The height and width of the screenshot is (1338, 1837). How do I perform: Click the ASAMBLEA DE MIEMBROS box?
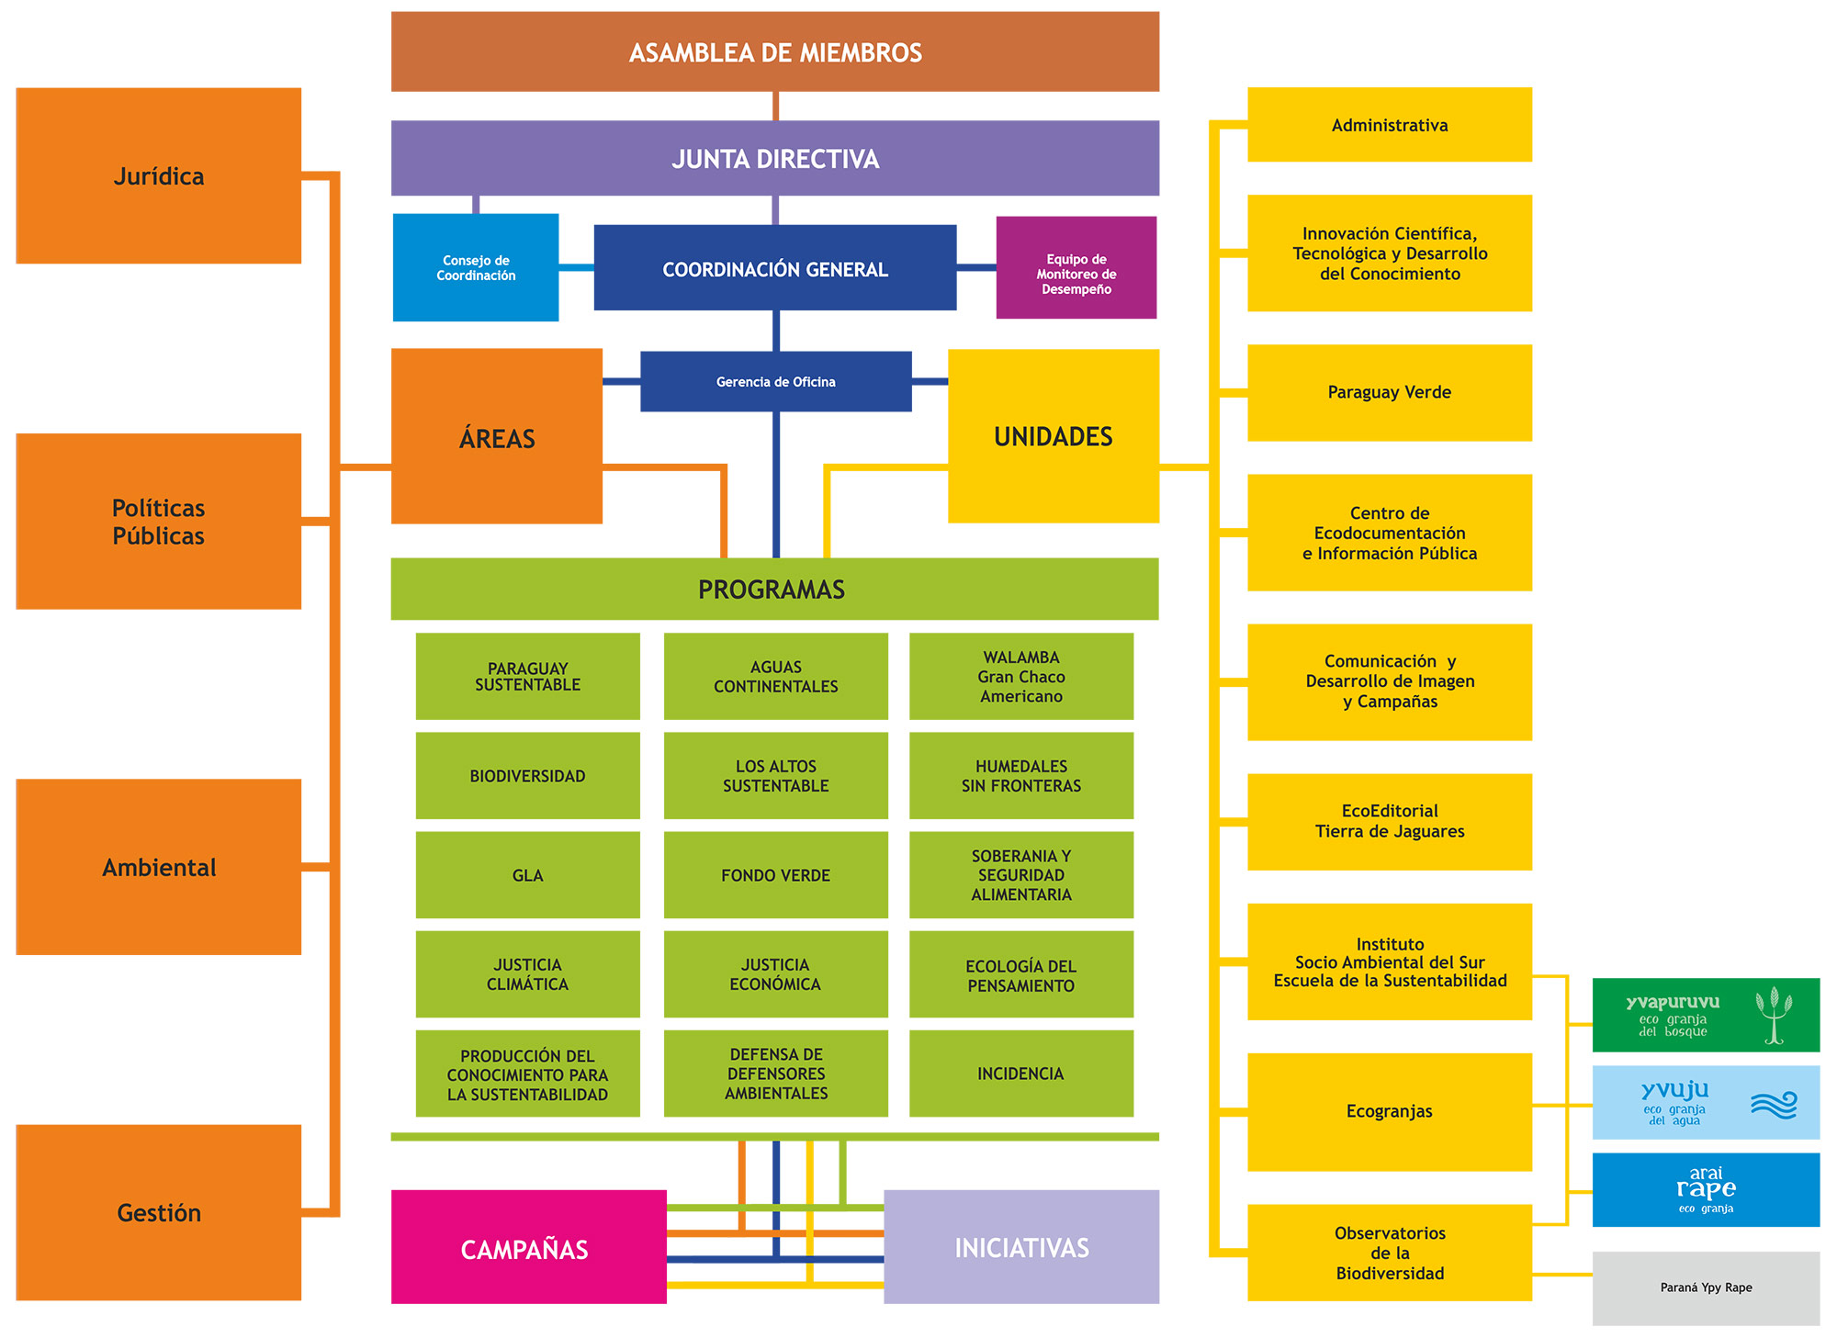coord(774,51)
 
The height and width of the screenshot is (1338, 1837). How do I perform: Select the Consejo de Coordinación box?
coord(475,267)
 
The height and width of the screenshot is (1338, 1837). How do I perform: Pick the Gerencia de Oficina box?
coord(775,381)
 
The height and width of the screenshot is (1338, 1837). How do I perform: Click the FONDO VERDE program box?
coord(775,874)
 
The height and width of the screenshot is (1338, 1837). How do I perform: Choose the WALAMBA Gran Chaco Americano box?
coord(1020,676)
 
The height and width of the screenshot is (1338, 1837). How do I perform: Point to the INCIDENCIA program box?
coord(1020,1073)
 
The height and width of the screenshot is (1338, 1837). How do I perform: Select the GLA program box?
coord(527,874)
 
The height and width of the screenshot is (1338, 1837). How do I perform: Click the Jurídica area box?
coord(158,175)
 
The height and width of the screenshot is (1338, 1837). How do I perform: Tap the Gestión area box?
coord(158,1212)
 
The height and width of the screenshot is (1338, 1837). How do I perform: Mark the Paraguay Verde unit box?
coord(1389,392)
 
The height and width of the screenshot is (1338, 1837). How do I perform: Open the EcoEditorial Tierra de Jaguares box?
coord(1389,821)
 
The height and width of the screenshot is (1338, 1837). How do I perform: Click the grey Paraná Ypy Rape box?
coord(1705,1287)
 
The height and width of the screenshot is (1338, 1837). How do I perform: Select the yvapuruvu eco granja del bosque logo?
coord(1672,1015)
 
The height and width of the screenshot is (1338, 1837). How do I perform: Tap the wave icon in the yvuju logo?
coord(1773,1105)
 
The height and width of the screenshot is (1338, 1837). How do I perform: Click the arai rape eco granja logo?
coord(1705,1189)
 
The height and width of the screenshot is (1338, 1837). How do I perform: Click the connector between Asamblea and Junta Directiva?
coord(775,106)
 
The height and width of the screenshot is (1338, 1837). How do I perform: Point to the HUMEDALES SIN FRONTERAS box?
coord(1020,775)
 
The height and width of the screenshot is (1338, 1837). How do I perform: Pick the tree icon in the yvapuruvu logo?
coord(1774,1015)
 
